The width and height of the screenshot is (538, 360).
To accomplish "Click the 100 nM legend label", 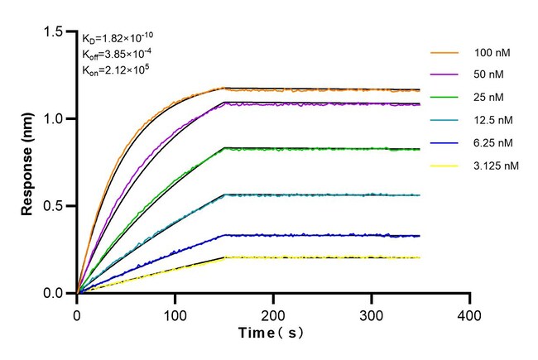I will [x=491, y=52].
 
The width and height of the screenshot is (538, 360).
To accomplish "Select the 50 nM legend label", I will [x=488, y=74].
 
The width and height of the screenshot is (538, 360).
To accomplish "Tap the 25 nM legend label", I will [x=488, y=97].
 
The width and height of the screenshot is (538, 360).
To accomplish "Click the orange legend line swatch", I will [x=444, y=52].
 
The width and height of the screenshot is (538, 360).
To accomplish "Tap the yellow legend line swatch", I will [x=444, y=166].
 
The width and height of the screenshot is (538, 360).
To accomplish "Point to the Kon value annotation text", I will [x=118, y=69].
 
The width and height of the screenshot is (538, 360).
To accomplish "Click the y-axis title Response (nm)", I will [x=28, y=161].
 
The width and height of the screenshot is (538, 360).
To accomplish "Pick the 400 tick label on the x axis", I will [x=469, y=315].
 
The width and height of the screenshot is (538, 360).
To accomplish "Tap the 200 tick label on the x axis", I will [x=273, y=315].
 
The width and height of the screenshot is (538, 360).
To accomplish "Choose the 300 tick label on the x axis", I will [x=372, y=315].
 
